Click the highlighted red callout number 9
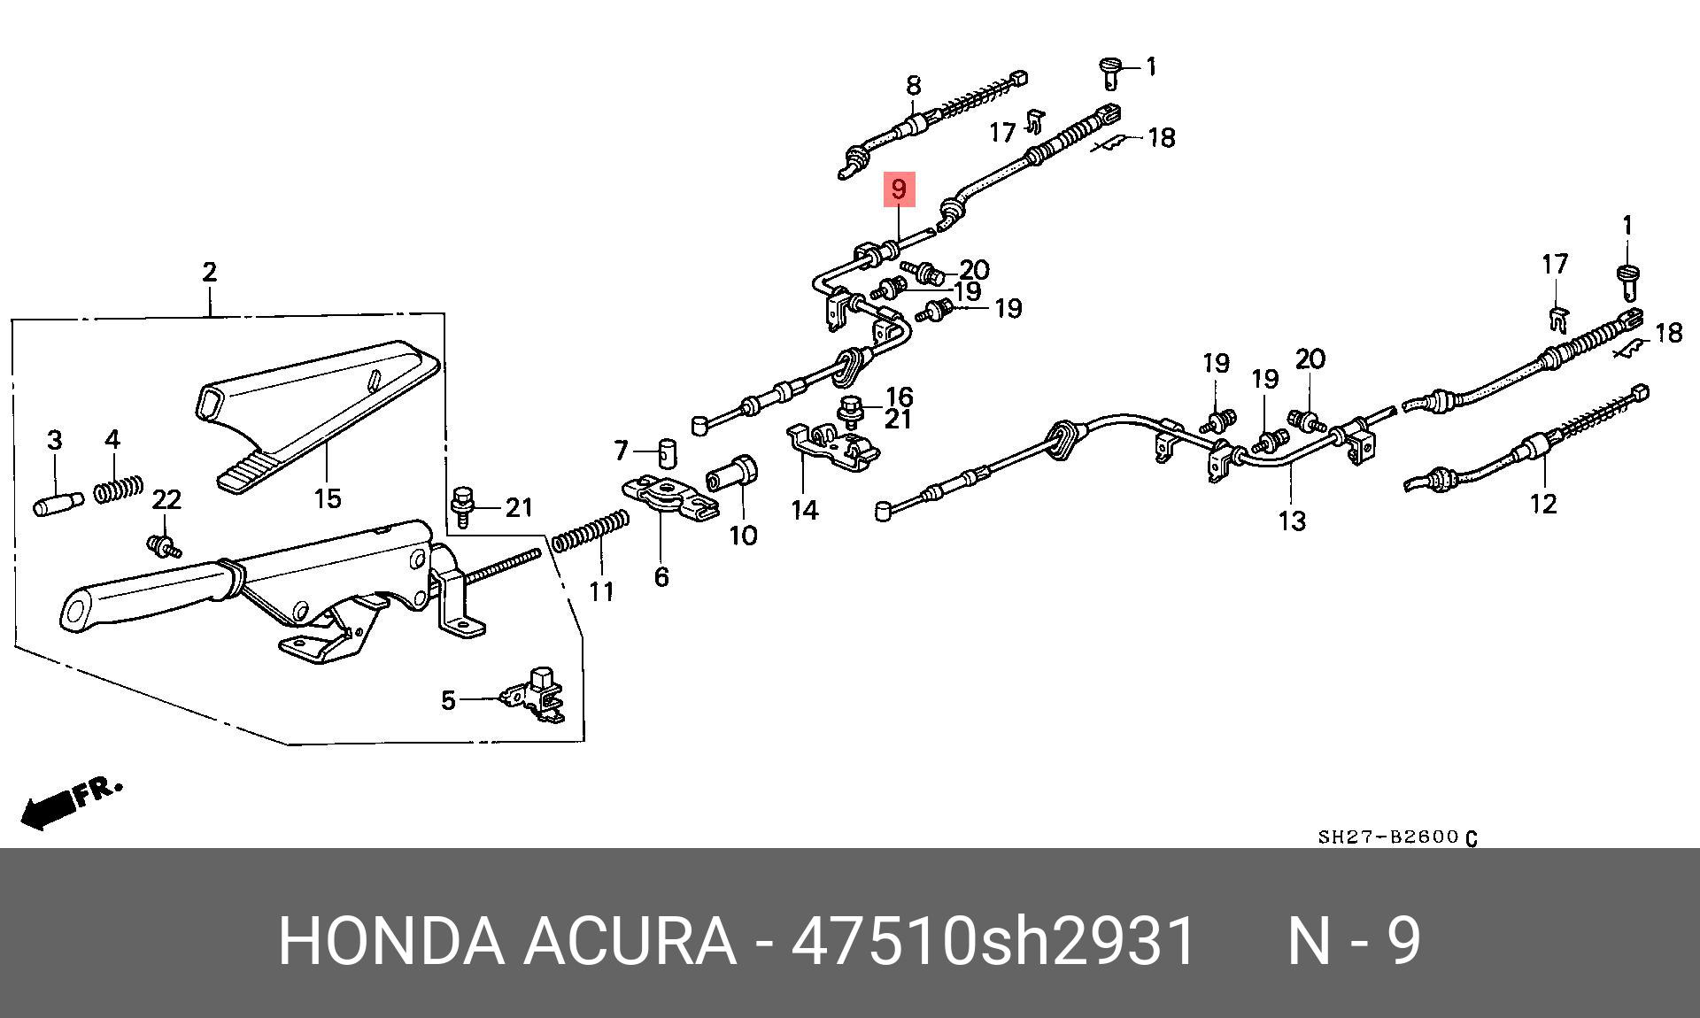(x=898, y=189)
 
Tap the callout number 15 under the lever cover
(x=328, y=497)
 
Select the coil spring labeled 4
(x=119, y=488)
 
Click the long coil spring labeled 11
(x=591, y=532)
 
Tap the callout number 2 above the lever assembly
(x=209, y=272)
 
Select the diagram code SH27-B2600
(x=1387, y=837)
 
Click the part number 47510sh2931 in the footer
(x=993, y=940)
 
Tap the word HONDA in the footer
(x=390, y=940)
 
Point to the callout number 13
(x=1292, y=521)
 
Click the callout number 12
(x=1542, y=504)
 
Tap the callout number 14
(x=804, y=510)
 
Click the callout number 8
(x=913, y=86)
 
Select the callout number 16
(x=899, y=397)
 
